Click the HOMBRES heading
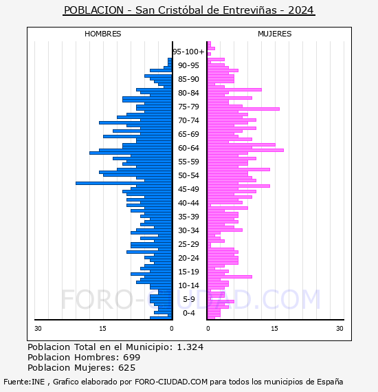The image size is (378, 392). coord(102,34)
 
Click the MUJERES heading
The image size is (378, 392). coord(275,34)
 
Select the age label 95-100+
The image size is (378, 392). coord(188,52)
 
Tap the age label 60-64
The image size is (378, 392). coord(188,148)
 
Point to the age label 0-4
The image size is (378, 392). coord(188,313)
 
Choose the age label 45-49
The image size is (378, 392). coord(188,189)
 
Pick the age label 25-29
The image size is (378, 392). coord(188,244)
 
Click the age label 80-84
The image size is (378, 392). coord(188,93)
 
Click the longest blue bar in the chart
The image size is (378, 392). coord(124,183)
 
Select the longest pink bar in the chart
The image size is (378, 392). coord(245,150)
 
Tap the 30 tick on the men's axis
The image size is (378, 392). coord(38,329)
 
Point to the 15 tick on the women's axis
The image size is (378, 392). coord(275,329)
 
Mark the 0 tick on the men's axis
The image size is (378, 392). coord(171,329)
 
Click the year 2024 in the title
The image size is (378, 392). coord(300,10)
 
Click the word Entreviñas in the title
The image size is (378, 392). coord(249,10)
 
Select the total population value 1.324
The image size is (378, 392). coord(190,347)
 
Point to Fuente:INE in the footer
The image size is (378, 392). coord(24,382)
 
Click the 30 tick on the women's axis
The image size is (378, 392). coord(340,329)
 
